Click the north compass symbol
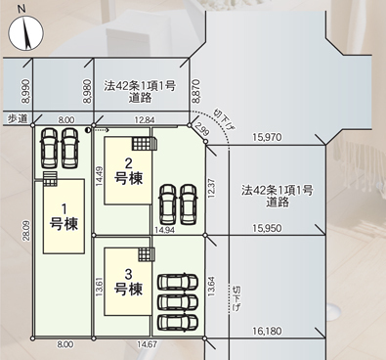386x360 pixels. tap(25, 33)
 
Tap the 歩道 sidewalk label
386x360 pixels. tap(18, 119)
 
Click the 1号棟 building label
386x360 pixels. tap(64, 217)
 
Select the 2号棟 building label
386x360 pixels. tap(129, 171)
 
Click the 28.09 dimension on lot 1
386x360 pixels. tap(27, 231)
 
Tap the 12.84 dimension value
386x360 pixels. tap(145, 120)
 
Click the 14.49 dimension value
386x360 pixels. tap(100, 176)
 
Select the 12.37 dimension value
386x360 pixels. tap(211, 188)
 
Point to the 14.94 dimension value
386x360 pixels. tap(164, 230)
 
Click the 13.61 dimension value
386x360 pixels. tap(100, 287)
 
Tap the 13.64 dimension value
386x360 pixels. tap(211, 287)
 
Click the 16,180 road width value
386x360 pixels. tap(267, 332)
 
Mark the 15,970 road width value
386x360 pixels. tap(267, 137)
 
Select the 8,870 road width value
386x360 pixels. tap(195, 92)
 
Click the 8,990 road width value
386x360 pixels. tap(26, 92)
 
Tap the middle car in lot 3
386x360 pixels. tap(178, 303)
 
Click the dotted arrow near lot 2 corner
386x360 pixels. tap(98, 130)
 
